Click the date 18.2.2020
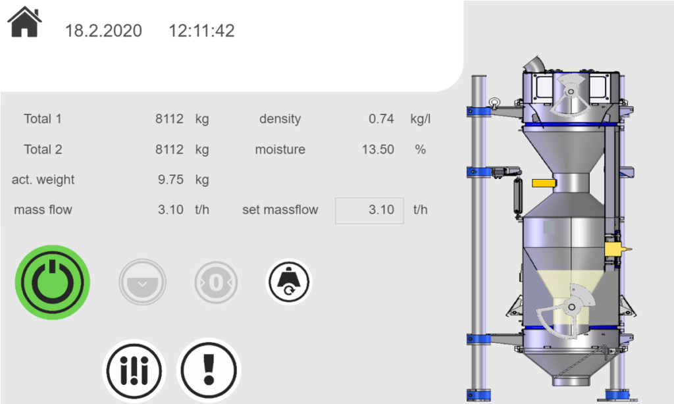click(x=103, y=30)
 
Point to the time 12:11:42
click(x=201, y=30)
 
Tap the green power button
click(x=53, y=282)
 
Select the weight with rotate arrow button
click(x=288, y=282)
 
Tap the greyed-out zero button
click(x=216, y=282)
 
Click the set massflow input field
click(x=369, y=210)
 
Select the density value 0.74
click(x=381, y=119)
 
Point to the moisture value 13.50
click(x=378, y=149)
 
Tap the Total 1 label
click(x=43, y=119)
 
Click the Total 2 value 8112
click(x=169, y=149)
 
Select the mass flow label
click(x=43, y=210)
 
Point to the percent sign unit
click(x=420, y=149)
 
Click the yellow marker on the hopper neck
click(x=542, y=182)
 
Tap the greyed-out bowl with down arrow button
click(x=142, y=282)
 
